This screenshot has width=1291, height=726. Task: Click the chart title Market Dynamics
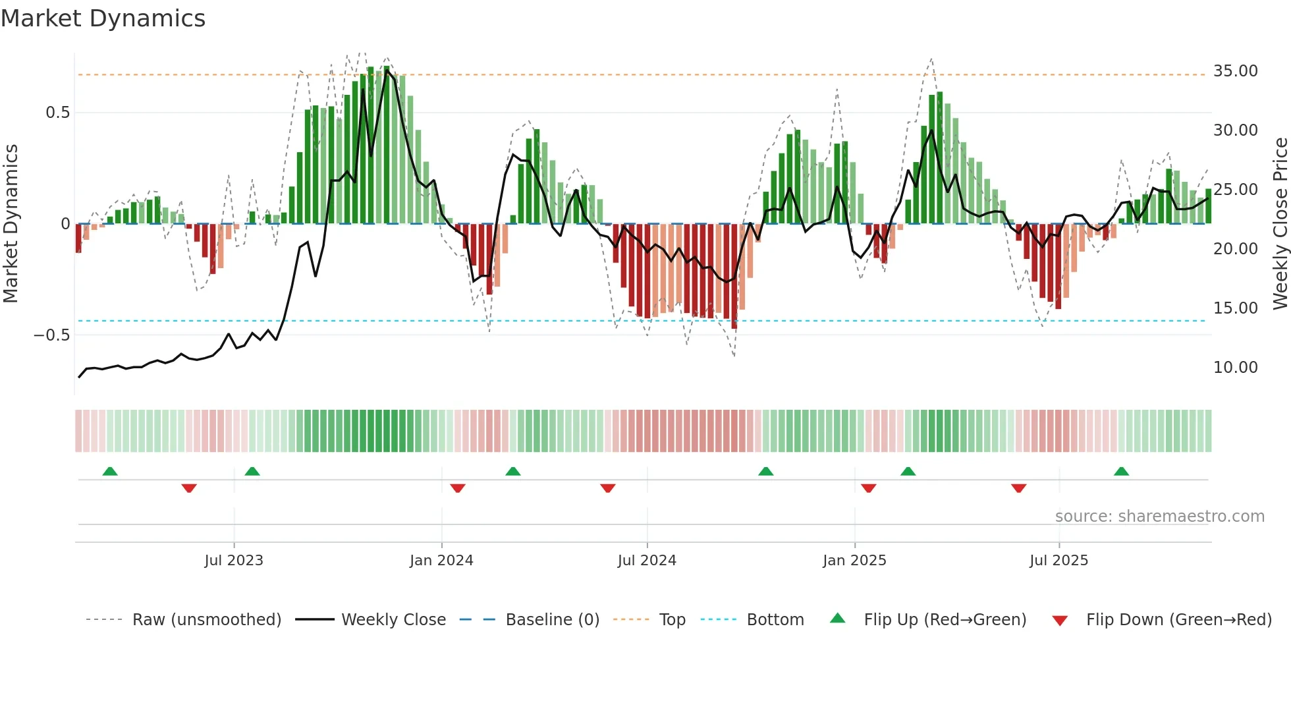tap(103, 18)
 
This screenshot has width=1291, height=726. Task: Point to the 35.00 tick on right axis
tap(1235, 71)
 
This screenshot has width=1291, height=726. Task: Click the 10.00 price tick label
tap(1235, 368)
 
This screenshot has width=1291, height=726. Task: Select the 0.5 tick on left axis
tap(57, 113)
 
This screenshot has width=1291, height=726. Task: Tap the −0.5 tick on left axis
tap(52, 335)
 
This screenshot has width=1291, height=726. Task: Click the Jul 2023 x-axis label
tap(234, 561)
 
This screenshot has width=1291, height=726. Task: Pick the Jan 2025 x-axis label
tap(854, 561)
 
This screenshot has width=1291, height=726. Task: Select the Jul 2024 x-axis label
tap(647, 561)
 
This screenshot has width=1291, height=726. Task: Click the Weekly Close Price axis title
tap(1280, 224)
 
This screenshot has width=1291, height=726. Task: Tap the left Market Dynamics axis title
tap(11, 224)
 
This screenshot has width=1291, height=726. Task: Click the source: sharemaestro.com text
tap(1159, 517)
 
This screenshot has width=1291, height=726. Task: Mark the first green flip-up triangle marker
tap(110, 471)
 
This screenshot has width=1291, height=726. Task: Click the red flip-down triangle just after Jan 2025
tap(868, 488)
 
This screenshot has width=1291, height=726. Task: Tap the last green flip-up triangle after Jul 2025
tap(1121, 471)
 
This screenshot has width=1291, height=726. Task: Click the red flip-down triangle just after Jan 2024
tap(458, 488)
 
